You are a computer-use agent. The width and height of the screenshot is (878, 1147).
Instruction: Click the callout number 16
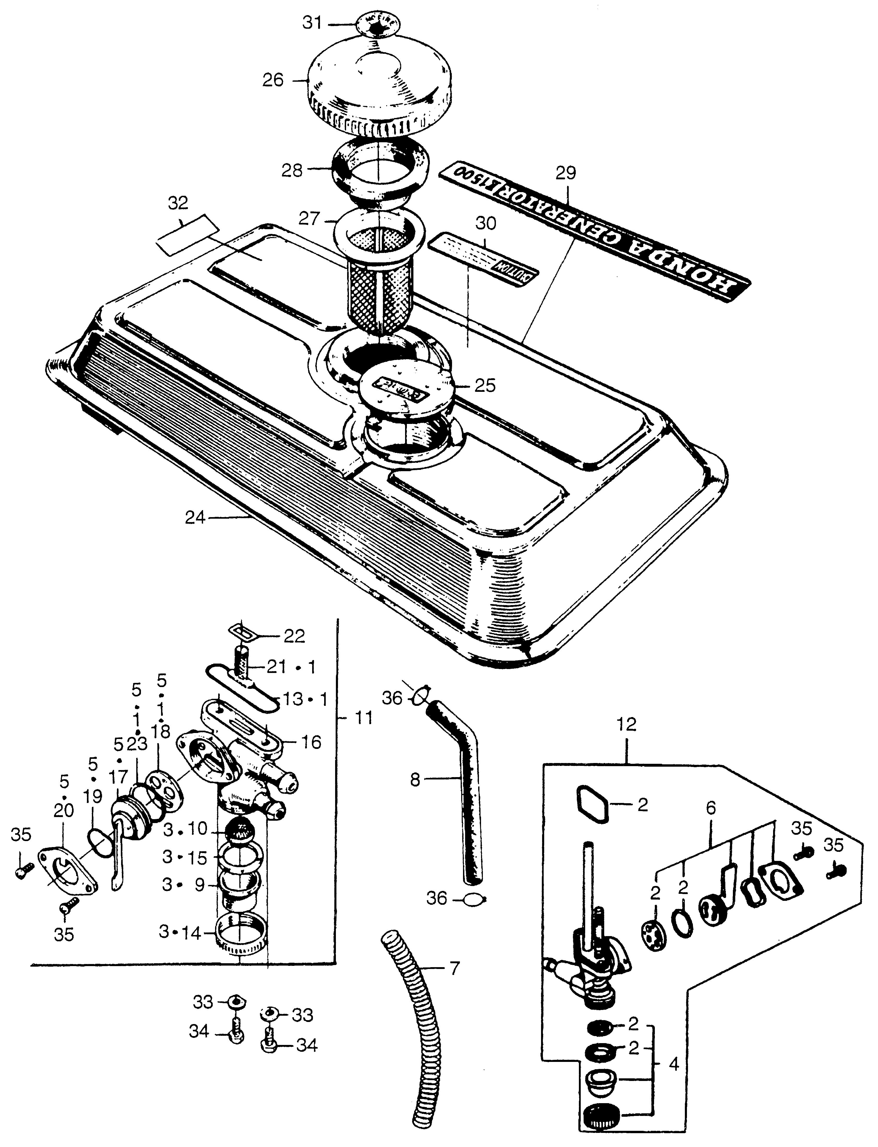click(311, 743)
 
